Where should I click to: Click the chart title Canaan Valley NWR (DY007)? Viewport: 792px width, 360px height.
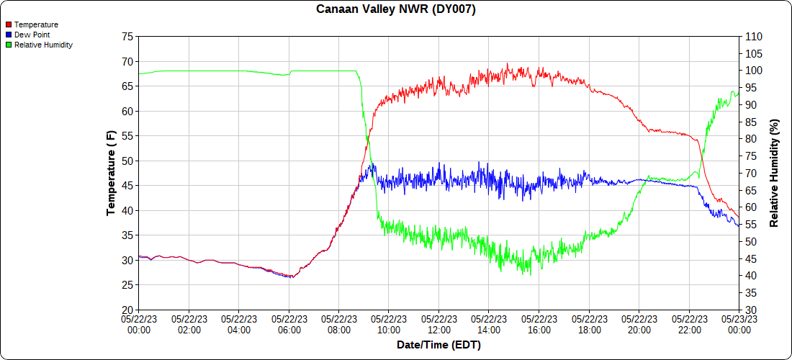[x=396, y=9]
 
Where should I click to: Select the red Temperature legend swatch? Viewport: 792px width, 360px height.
[x=8, y=24]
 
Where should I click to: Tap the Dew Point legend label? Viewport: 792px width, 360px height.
[x=32, y=35]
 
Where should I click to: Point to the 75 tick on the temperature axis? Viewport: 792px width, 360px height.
[x=127, y=37]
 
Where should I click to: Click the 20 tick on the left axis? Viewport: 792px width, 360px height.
[x=127, y=310]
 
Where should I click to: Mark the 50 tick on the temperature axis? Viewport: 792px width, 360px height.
[x=127, y=161]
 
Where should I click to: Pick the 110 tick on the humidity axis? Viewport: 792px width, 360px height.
[x=752, y=37]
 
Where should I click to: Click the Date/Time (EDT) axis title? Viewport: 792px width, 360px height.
[x=438, y=345]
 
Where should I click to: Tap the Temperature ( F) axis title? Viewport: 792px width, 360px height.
[x=111, y=173]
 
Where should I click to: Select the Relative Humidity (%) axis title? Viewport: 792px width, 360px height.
[x=775, y=173]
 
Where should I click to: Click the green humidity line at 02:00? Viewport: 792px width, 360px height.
[x=189, y=71]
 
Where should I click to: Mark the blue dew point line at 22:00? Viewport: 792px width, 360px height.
[x=689, y=186]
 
